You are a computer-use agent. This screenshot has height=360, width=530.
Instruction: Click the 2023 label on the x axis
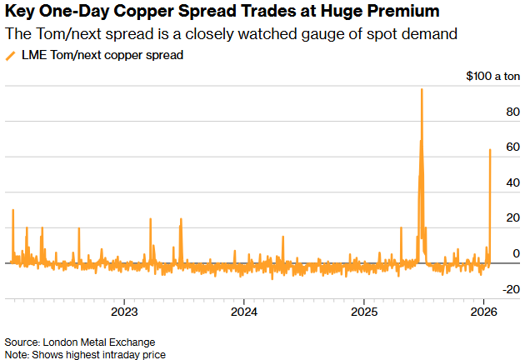coord(123,312)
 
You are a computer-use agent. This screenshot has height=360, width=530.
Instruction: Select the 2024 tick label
coord(243,312)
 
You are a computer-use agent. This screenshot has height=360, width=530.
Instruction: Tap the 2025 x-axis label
coord(364,312)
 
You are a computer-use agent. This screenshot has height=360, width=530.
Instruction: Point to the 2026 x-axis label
coord(484,312)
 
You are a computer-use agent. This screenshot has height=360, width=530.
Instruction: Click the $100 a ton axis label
coord(493,76)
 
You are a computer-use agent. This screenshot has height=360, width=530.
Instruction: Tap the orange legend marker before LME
coord(10,55)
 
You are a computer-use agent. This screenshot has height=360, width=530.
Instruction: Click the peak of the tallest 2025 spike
coord(422,89)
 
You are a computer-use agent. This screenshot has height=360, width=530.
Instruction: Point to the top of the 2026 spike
coord(490,150)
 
